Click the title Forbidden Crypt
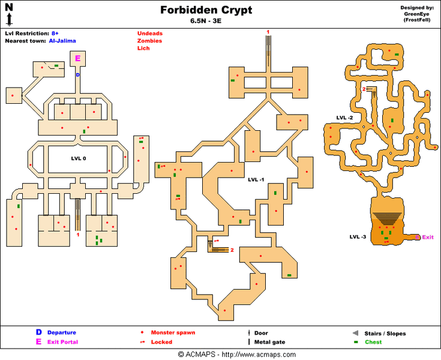click(206, 10)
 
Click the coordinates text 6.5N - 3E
click(206, 21)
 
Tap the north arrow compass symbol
click(9, 14)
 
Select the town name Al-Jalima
click(62, 41)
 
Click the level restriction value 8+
click(55, 34)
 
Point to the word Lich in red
click(143, 48)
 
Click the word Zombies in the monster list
click(149, 41)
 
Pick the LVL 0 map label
click(79, 158)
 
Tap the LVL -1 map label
click(256, 179)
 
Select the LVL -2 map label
click(344, 118)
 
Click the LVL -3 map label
click(358, 237)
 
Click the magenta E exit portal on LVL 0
click(77, 58)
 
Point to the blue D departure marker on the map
click(77, 75)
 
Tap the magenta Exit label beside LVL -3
click(428, 237)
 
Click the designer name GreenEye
click(416, 14)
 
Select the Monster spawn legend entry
click(173, 332)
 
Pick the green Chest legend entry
click(373, 342)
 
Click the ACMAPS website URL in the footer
click(259, 355)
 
